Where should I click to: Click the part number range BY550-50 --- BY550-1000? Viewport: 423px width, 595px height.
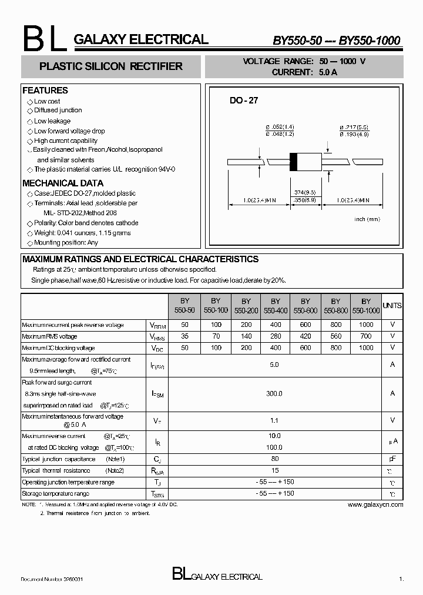tap(336, 41)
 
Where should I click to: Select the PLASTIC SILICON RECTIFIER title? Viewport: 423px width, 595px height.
tap(110, 66)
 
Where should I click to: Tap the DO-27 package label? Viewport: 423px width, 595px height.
tap(243, 101)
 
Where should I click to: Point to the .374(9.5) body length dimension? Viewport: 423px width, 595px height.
tap(304, 192)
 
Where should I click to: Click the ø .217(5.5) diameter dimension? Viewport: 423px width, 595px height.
tap(354, 127)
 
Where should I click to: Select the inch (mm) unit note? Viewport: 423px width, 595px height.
tap(367, 219)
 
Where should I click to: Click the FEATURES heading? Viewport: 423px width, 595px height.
tap(45, 91)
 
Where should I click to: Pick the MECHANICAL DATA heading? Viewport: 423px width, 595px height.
tap(62, 183)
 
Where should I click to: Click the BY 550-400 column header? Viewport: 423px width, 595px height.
tap(275, 305)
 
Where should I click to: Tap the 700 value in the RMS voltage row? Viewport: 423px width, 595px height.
tap(366, 336)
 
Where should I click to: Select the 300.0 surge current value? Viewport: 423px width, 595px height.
tap(275, 394)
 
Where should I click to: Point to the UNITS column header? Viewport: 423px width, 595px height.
tap(392, 306)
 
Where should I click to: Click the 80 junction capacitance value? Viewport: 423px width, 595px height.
tap(275, 459)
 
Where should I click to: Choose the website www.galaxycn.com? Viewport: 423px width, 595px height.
tap(375, 504)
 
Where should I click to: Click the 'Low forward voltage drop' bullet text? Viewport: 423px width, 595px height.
tap(69, 131)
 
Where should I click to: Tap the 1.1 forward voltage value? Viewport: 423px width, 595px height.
tap(275, 420)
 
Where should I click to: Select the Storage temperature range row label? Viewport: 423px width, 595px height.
tap(56, 494)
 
